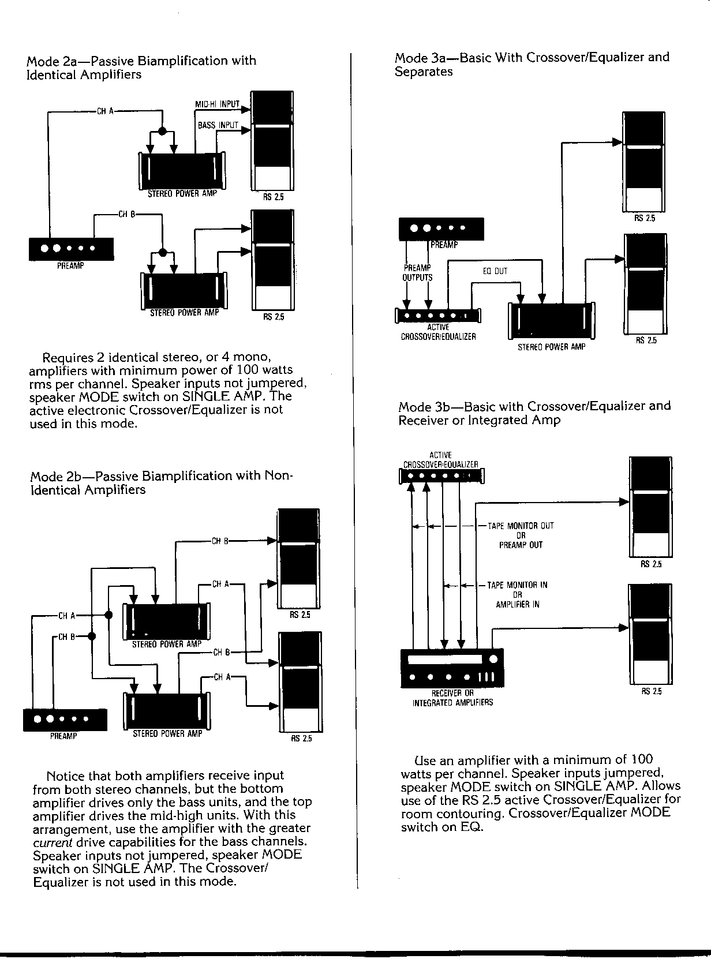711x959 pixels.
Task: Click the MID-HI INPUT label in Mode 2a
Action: click(218, 104)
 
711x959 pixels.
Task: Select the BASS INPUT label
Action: click(218, 125)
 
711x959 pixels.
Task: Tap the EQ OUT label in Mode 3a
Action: click(495, 271)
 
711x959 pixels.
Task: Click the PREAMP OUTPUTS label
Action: click(417, 272)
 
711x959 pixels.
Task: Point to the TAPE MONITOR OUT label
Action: click(521, 526)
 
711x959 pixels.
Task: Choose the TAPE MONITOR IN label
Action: click(517, 585)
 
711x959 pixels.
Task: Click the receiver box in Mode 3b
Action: click(452, 668)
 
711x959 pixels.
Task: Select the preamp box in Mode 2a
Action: click(71, 249)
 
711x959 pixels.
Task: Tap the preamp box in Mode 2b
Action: click(65, 719)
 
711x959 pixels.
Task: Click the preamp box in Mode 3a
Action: click(441, 229)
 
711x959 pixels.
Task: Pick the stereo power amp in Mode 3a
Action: click(552, 320)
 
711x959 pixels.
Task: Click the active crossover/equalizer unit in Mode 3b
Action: click(441, 476)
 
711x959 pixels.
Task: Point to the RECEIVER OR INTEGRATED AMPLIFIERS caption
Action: click(452, 698)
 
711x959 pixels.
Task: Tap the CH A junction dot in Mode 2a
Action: click(163, 130)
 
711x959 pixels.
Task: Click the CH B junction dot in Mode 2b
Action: click(91, 636)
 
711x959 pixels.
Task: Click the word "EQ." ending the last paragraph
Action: click(471, 827)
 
